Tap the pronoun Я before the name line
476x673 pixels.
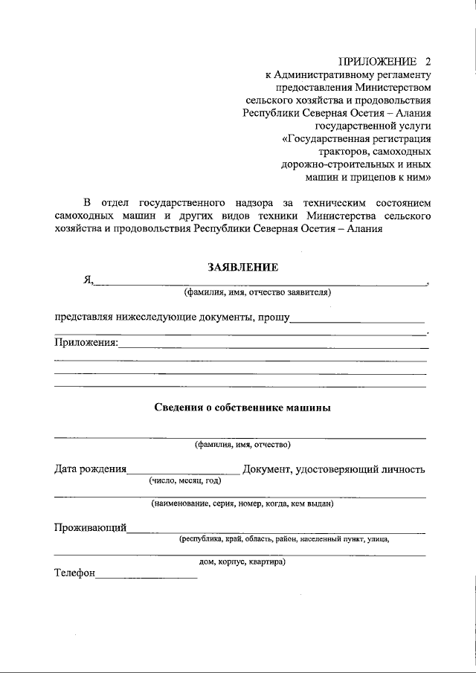[87, 280]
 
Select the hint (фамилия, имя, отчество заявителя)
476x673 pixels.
[257, 292]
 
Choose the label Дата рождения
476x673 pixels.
[90, 469]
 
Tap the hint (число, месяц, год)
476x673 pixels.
[184, 481]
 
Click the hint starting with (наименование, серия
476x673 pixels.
[242, 504]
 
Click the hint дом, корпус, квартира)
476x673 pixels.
[243, 562]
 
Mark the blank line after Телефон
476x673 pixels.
[147, 577]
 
